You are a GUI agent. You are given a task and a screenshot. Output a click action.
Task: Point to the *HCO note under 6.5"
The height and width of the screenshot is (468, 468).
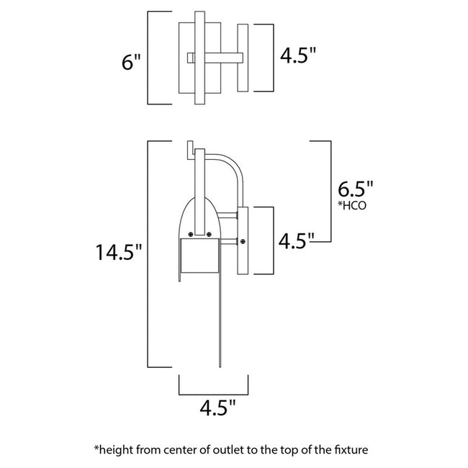click(x=352, y=207)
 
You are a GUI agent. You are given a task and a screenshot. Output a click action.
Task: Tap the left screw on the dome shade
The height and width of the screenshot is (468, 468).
click(x=189, y=233)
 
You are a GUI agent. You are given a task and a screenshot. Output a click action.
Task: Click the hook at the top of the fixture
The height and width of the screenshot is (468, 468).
click(x=190, y=148)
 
